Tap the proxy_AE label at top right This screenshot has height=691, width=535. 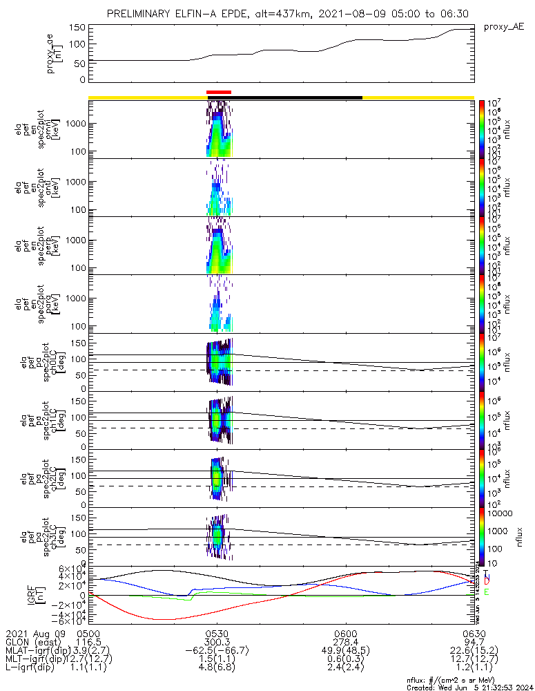[x=503, y=26]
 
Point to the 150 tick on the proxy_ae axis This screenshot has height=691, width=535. [x=77, y=28]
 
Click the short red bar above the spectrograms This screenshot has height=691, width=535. [x=219, y=92]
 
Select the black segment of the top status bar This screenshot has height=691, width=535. [x=297, y=97]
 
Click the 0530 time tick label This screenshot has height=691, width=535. [x=217, y=633]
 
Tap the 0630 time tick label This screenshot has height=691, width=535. [x=474, y=633]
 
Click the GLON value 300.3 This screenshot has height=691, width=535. [x=217, y=642]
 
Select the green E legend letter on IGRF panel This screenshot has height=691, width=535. [x=487, y=592]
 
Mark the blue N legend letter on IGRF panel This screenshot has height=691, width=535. [x=487, y=576]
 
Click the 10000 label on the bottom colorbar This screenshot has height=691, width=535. [x=500, y=514]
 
